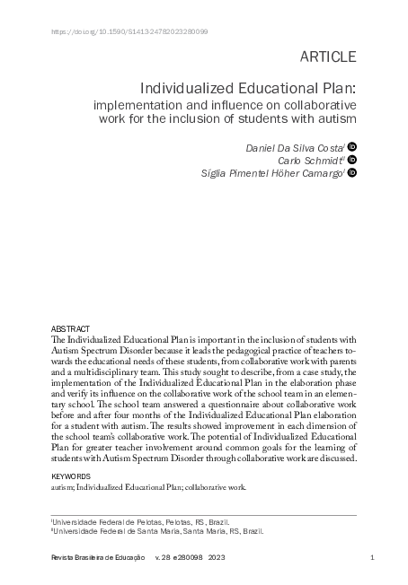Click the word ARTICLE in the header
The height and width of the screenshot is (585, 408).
click(326, 57)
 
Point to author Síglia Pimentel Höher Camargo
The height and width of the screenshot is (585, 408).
click(268, 174)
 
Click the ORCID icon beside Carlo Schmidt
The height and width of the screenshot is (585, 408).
click(352, 160)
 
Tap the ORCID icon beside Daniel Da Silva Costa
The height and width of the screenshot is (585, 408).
click(352, 145)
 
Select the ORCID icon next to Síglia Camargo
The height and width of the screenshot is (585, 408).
click(352, 174)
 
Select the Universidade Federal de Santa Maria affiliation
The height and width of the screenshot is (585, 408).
click(158, 531)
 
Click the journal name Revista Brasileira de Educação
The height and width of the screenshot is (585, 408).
click(99, 559)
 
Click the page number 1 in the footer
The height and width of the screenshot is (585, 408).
click(372, 559)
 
